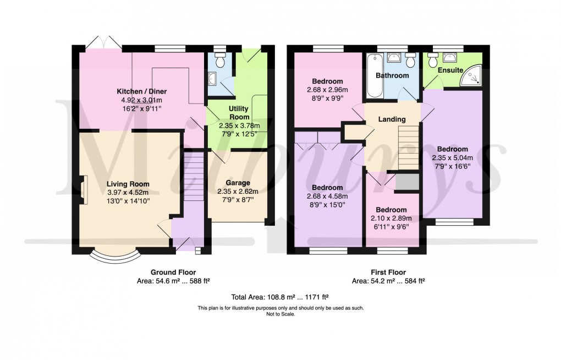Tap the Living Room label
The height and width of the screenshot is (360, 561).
click(128, 184)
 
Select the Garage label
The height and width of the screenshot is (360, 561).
click(238, 183)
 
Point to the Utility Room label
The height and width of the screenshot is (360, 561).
click(239, 113)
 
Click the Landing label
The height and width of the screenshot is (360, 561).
click(392, 119)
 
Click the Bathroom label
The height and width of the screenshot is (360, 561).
click(392, 75)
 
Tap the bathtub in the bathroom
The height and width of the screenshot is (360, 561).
click(373, 76)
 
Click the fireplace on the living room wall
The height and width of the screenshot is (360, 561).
click(81, 190)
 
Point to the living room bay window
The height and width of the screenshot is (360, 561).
click(114, 255)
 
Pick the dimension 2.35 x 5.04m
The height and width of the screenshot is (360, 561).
click(453, 157)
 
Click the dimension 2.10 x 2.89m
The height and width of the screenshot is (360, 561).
click(391, 218)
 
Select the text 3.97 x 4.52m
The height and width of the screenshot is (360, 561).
click(128, 192)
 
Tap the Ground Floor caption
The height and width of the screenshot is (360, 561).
click(173, 272)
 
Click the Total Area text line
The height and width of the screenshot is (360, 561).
click(280, 297)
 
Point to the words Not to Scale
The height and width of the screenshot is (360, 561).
click(280, 314)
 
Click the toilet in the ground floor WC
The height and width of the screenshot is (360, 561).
click(220, 62)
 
